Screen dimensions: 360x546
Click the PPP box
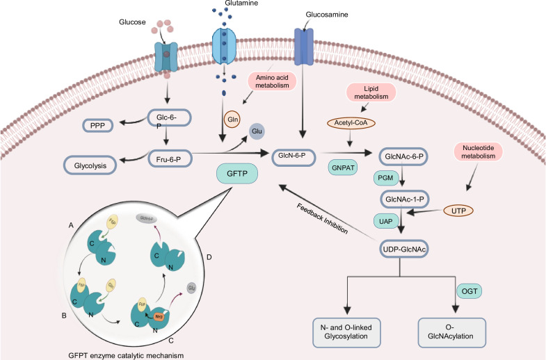click(97, 126)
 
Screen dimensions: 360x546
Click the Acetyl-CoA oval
click(355, 122)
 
